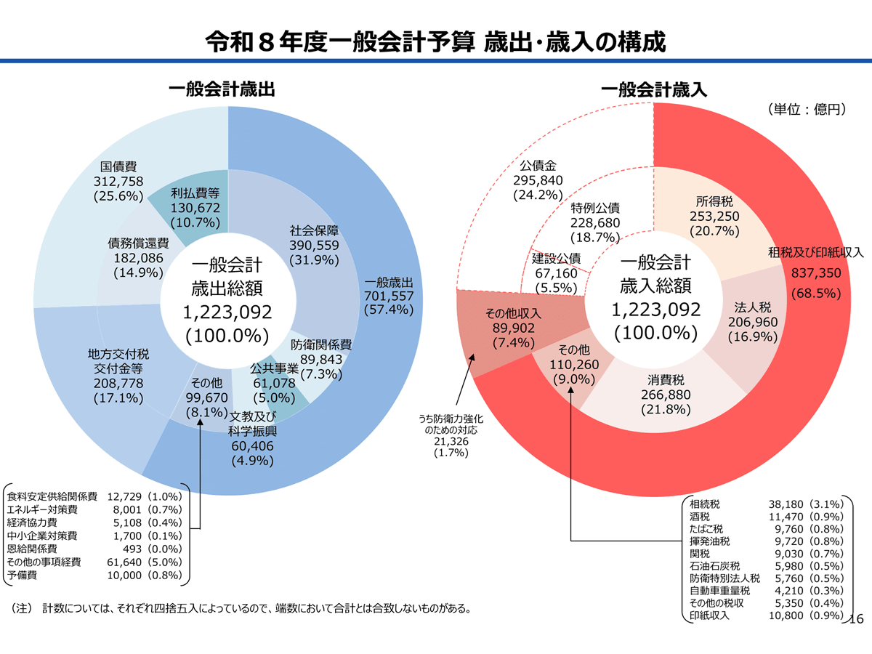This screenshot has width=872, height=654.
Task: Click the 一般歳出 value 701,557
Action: (389, 296)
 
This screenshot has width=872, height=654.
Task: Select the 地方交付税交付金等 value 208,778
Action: (118, 383)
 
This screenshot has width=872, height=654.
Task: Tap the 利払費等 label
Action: (195, 194)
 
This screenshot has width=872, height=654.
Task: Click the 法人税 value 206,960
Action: (751, 322)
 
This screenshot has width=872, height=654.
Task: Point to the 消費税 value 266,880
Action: (666, 395)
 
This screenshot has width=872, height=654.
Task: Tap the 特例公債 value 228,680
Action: (595, 223)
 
